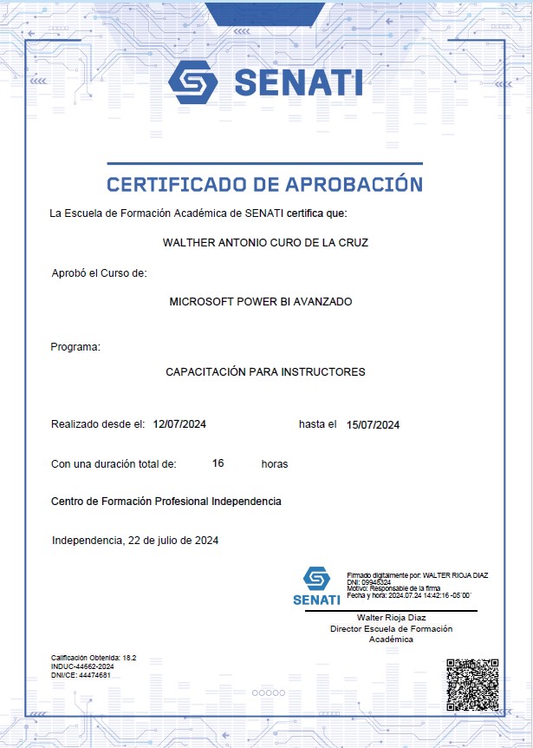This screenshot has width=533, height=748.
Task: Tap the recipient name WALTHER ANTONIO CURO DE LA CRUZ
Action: pos(266,243)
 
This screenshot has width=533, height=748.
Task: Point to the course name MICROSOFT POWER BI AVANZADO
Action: pos(261,302)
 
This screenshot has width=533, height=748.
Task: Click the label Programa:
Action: pos(76,347)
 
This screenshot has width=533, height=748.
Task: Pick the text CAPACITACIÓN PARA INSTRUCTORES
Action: pos(265,372)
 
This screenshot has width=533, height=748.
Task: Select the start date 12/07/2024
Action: pos(179,424)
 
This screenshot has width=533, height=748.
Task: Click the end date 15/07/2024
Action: pos(373,424)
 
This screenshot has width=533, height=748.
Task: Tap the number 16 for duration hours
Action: pos(218,463)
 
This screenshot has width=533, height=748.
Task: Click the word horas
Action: pos(275,464)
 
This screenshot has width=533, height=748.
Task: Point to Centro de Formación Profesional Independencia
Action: pos(166,502)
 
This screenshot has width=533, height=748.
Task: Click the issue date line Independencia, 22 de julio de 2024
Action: pos(135,540)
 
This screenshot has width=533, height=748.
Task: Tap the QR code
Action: pos(471,685)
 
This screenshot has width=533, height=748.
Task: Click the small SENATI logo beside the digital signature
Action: pos(316,585)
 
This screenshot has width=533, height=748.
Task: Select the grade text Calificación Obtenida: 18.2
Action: pos(94,659)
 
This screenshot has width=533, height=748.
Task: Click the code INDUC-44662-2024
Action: pos(83,666)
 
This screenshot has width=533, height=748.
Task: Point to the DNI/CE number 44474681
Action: pos(95,674)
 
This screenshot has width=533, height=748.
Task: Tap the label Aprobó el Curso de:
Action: pos(100,272)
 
